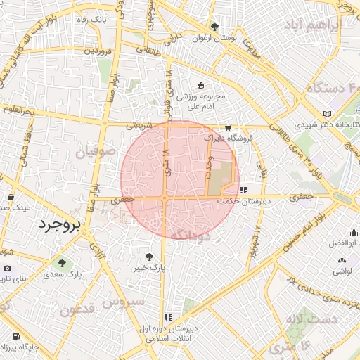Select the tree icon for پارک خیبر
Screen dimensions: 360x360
[149, 257]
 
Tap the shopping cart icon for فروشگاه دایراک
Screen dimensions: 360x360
[227, 128]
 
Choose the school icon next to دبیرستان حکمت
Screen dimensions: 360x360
[243, 189]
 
